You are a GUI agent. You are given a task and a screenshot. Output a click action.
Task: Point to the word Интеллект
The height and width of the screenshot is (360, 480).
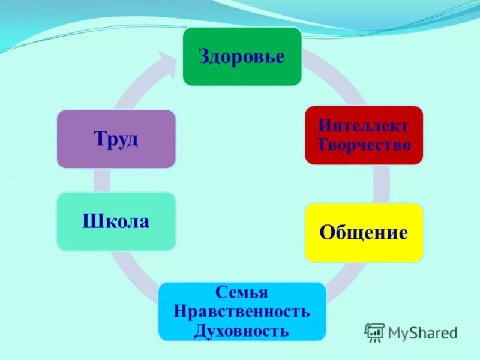click(364, 126)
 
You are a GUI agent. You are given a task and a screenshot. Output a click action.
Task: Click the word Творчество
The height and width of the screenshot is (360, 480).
click(364, 145)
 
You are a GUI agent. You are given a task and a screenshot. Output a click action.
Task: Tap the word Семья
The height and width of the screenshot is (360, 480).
click(242, 293)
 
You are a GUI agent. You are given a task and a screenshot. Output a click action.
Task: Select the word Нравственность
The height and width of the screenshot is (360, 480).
click(242, 311)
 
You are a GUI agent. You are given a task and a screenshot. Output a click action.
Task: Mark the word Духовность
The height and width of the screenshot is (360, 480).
click(242, 330)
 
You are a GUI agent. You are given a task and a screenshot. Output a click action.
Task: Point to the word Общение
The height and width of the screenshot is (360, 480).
click(364, 232)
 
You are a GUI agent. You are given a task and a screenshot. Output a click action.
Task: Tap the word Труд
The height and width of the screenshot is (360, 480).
click(116, 139)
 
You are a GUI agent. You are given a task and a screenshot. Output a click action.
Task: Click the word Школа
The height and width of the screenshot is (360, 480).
click(116, 221)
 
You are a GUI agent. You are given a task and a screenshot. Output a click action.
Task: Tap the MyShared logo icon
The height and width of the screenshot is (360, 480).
click(374, 332)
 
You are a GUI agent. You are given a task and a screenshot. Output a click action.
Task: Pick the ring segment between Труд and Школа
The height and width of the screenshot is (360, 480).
click(101, 180)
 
